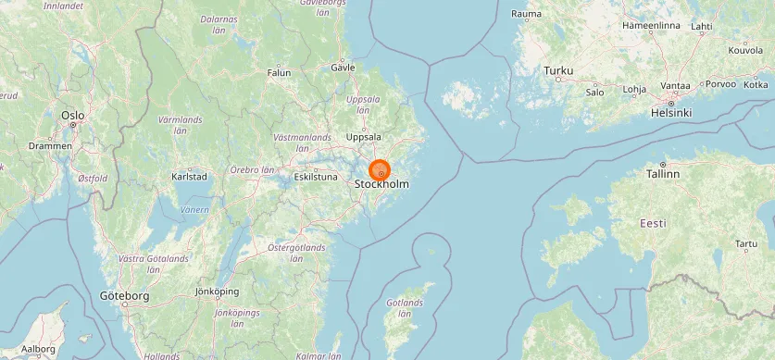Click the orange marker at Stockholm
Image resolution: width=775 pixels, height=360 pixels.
380,171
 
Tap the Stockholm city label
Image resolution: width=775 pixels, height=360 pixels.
381,185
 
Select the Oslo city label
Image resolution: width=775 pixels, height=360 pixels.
72,116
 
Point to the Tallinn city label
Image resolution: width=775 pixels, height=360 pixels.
663,173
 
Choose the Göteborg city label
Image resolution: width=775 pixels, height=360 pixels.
124,296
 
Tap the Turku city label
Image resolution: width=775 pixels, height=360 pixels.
558,70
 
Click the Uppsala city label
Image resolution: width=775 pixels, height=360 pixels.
363,137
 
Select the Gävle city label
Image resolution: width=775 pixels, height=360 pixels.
343,68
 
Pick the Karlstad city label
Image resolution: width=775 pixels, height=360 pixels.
189,176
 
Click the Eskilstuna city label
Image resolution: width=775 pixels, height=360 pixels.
316,176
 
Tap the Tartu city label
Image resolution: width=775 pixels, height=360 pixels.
745,243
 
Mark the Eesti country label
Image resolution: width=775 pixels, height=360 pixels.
653,223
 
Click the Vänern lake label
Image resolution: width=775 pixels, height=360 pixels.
194,210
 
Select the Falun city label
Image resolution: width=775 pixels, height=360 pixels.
279,72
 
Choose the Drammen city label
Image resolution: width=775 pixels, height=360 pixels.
50,146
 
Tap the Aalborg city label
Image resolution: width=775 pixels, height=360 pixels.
38,349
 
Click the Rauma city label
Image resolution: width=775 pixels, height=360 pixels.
526,14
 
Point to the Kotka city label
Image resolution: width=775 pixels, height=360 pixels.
756,84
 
